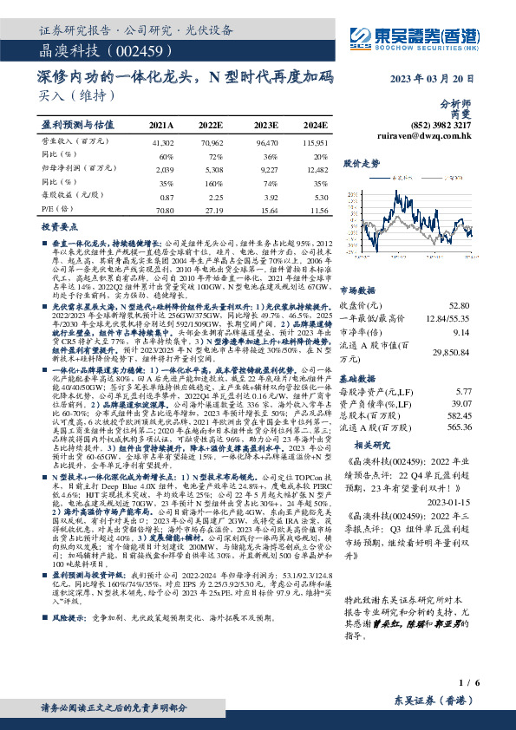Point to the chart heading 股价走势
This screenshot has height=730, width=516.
(363, 162)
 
